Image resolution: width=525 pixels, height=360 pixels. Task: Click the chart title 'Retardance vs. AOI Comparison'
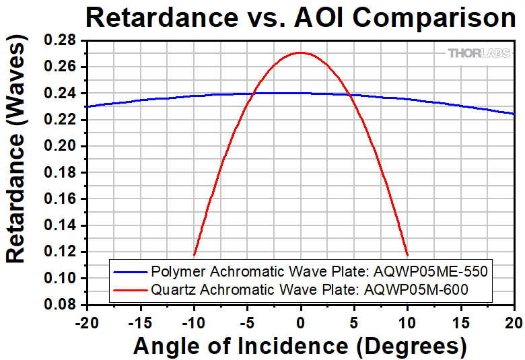click(300, 17)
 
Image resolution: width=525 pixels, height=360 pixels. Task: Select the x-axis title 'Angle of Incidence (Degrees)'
click(300, 346)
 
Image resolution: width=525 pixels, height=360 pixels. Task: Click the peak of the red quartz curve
click(300, 52)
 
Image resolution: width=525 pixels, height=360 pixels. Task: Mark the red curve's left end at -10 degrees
click(194, 256)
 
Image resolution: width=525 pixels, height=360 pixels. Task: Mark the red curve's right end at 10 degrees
click(407, 256)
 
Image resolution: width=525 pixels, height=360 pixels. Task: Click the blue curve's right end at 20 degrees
click(514, 114)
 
